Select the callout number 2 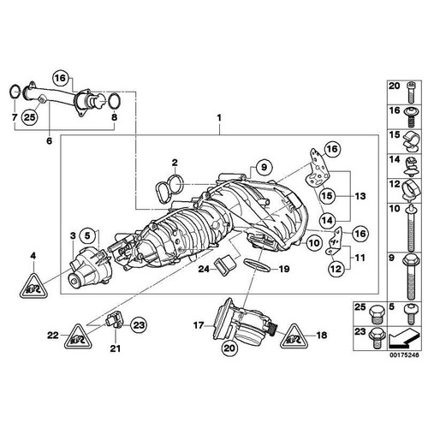pos(173,162)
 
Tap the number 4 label pos(33,255)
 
